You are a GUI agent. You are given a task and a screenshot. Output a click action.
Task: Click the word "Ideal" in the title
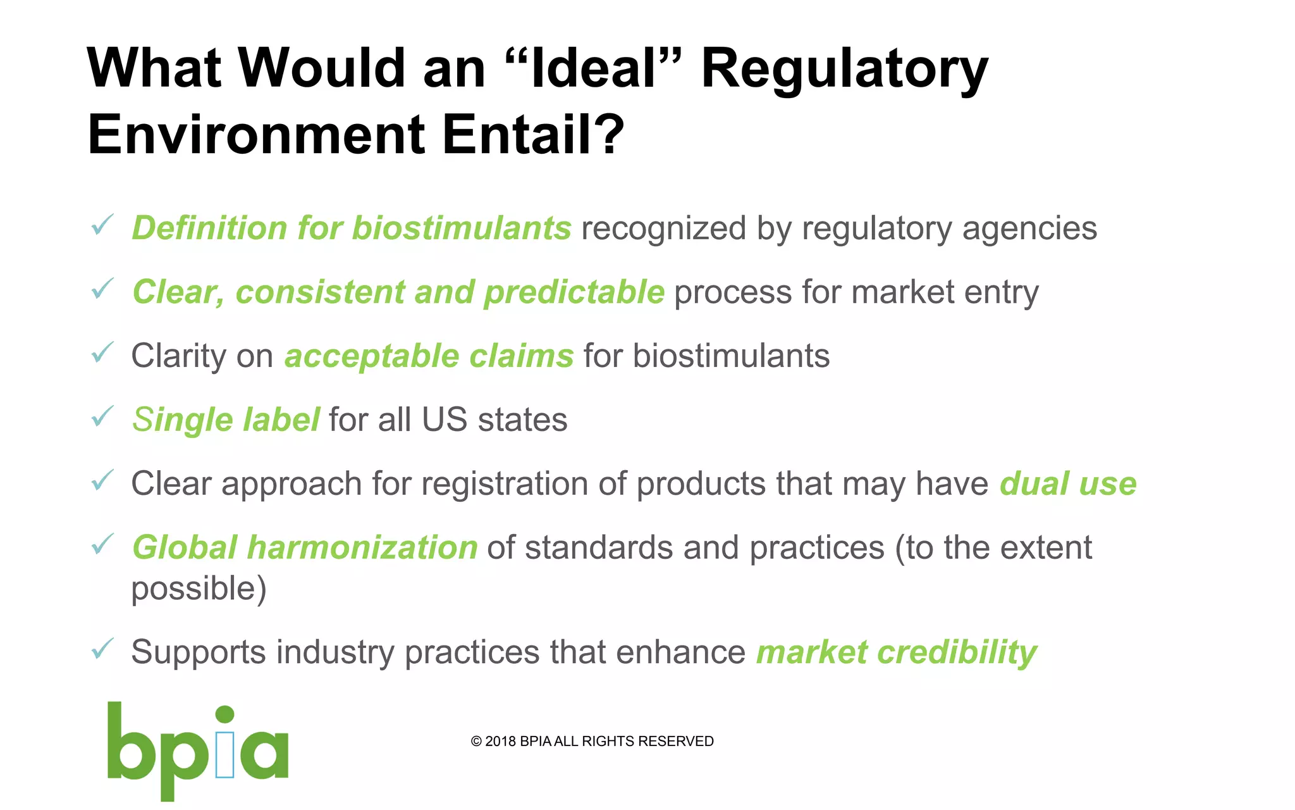[x=594, y=68]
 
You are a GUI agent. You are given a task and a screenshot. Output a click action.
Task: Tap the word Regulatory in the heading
[x=844, y=68]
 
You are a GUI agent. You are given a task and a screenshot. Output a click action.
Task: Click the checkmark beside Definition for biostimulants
[x=102, y=225]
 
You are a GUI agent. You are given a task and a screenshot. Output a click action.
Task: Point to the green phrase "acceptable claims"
[x=429, y=356]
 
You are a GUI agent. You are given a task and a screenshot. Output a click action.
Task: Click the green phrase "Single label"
[x=226, y=420]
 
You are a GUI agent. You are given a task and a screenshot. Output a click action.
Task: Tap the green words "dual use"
[x=1068, y=483]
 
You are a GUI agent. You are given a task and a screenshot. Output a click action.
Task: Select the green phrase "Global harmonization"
[x=305, y=547]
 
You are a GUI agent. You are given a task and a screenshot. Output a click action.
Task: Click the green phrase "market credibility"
[x=897, y=652]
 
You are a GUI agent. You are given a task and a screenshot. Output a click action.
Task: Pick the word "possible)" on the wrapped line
[x=199, y=589]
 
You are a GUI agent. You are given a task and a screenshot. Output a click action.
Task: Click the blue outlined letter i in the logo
[x=224, y=754]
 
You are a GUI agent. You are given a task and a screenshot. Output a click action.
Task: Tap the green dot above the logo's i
[x=225, y=714]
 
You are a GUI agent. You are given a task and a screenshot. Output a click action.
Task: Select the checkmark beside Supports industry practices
[x=102, y=649]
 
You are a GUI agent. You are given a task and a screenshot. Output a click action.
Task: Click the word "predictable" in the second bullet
[x=574, y=292]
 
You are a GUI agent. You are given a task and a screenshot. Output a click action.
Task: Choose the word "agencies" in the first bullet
[x=1029, y=228]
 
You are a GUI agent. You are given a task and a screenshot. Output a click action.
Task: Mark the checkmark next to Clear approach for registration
[x=102, y=480]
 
